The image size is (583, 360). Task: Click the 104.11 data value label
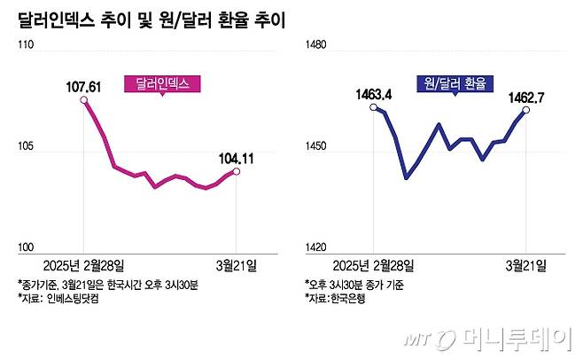pos(235,159)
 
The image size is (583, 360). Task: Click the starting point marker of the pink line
pos(83,101)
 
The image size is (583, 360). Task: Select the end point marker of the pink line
pos(235,171)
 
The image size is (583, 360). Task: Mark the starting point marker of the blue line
pos(375,108)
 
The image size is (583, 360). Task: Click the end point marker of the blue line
pos(526,109)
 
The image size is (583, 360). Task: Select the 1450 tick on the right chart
pos(317,147)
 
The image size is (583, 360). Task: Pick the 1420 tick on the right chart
pos(317,249)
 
